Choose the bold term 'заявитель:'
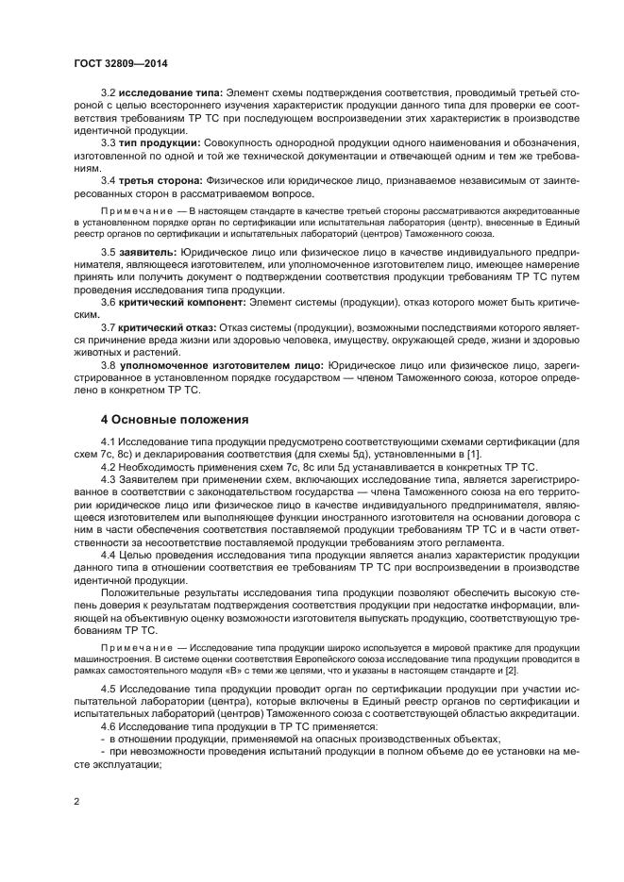[x=146, y=254]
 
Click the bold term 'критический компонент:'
[x=178, y=303]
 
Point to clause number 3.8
[x=108, y=364]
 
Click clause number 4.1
[x=108, y=442]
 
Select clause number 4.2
[x=108, y=467]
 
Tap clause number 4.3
[x=108, y=479]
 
